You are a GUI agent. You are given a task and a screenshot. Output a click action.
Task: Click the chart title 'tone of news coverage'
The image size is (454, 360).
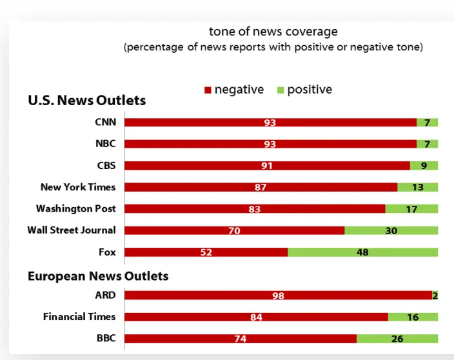click(x=273, y=32)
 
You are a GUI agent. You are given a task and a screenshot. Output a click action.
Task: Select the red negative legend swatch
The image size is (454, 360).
click(x=208, y=90)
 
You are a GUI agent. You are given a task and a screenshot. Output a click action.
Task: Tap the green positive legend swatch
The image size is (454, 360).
click(x=280, y=90)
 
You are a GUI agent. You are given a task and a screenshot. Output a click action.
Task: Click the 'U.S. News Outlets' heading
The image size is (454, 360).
click(x=86, y=101)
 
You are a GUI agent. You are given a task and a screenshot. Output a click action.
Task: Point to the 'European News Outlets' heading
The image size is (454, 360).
click(x=98, y=276)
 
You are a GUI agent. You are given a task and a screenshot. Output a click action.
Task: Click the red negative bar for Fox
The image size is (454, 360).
click(x=206, y=252)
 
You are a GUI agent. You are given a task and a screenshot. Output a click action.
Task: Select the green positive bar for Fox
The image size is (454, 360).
click(x=362, y=252)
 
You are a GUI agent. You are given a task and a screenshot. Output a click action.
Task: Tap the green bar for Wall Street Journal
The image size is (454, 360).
click(x=391, y=230)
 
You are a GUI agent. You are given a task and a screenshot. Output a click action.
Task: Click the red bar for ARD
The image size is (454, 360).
click(x=278, y=295)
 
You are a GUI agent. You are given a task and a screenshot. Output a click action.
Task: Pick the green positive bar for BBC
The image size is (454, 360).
click(x=397, y=339)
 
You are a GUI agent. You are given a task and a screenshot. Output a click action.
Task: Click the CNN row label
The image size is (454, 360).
click(x=105, y=122)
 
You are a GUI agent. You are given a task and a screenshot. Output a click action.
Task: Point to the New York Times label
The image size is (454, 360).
click(x=78, y=187)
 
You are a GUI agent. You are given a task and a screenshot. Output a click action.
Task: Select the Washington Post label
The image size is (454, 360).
click(x=76, y=208)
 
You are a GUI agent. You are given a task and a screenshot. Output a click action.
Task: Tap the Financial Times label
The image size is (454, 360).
click(x=79, y=317)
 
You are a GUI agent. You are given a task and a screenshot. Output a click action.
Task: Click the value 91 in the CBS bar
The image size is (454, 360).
click(x=266, y=166)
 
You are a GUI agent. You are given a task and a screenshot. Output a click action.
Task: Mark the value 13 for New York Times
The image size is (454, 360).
click(x=417, y=187)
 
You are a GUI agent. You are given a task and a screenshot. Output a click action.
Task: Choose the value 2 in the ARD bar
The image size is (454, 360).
click(x=435, y=295)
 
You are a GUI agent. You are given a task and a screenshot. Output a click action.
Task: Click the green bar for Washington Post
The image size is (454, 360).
click(x=411, y=209)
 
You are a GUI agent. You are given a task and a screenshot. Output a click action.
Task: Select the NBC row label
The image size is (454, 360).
click(x=106, y=144)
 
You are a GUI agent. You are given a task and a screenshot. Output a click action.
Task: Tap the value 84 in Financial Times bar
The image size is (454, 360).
click(x=256, y=317)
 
